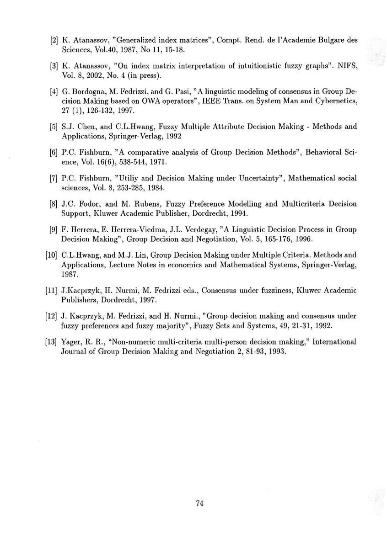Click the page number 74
199,504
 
